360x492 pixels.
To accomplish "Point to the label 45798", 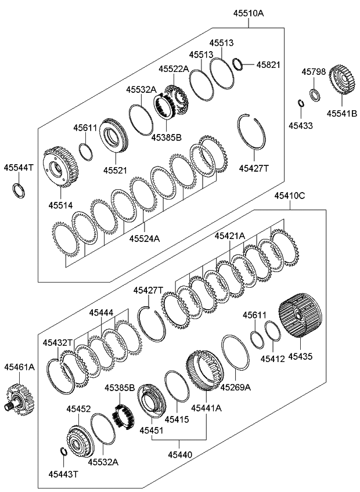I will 314,71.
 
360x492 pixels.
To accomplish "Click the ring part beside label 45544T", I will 19,189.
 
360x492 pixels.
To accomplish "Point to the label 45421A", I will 229,236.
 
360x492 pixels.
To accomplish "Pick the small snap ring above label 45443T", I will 63,453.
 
